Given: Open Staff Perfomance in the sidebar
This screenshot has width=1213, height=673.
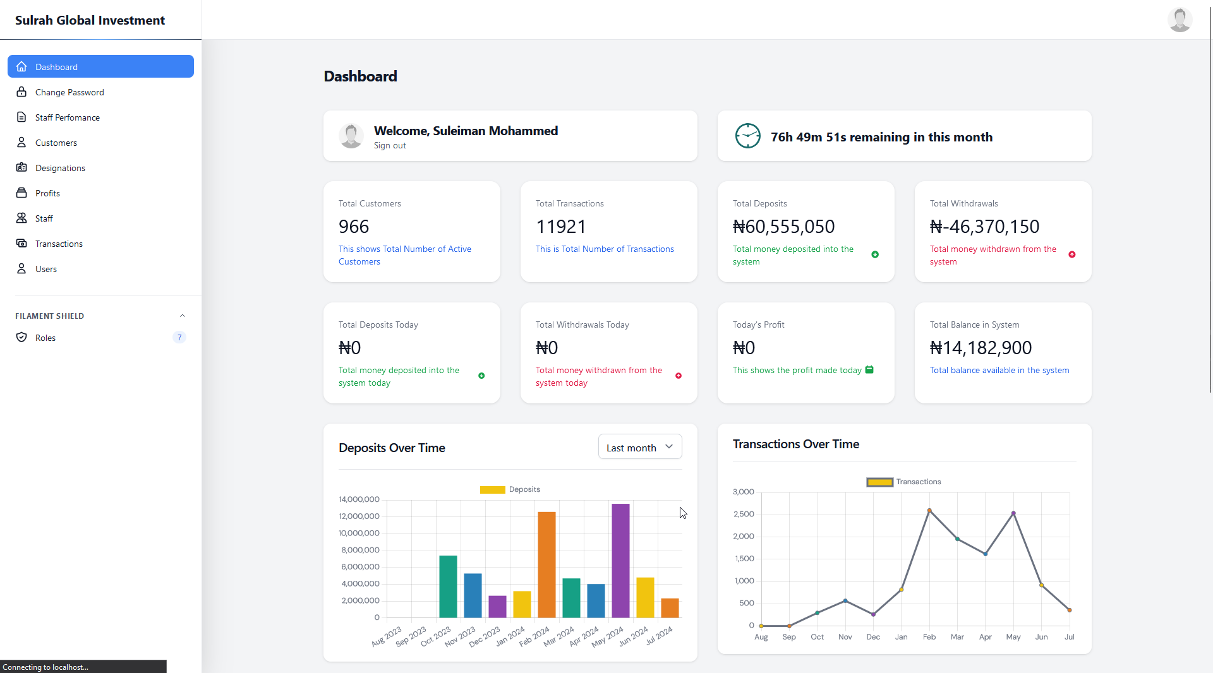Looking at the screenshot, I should pos(68,117).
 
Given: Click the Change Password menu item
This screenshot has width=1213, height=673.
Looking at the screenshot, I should pos(69,92).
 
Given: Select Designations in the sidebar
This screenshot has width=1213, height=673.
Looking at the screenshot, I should pos(60,168).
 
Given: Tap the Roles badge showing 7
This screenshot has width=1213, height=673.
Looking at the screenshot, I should pos(179,338).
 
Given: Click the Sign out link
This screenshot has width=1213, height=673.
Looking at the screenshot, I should pos(390,146).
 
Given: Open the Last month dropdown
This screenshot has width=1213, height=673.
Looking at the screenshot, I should pos(639,447).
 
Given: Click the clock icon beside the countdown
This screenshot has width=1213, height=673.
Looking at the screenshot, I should pos(747,136).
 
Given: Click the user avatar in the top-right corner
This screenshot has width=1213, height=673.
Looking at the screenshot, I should pos(1180,20).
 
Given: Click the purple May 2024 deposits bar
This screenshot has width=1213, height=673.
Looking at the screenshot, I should pos(620,560).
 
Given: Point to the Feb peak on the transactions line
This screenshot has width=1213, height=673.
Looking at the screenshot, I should pos(929,510).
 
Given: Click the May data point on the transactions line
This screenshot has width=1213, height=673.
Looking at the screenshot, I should pos(1013,513).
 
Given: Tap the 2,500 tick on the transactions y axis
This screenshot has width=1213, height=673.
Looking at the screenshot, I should pos(744,514).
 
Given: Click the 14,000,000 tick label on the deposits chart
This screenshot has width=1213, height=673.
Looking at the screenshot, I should pos(359,499).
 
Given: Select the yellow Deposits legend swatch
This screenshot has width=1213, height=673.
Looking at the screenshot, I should pos(492,490).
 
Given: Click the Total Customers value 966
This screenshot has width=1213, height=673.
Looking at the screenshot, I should pos(354,227).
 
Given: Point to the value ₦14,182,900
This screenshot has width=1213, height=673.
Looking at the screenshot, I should pos(981,348).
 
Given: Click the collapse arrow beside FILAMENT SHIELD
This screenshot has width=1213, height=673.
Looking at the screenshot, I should pos(183,316).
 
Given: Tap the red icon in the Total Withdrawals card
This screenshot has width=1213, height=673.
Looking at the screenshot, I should pos(1072,255).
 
